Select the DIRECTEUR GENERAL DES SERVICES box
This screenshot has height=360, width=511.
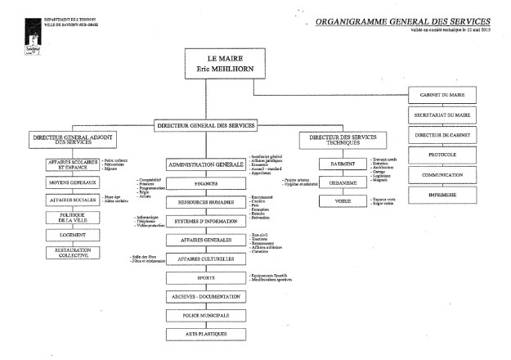pyautogui.click(x=206, y=125)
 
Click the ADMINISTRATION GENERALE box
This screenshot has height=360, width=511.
pyautogui.click(x=206, y=164)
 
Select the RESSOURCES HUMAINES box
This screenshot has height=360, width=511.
pyautogui.click(x=206, y=201)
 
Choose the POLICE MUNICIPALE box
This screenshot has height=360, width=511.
pyautogui.click(x=206, y=315)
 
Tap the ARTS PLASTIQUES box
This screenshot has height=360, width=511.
pyautogui.click(x=206, y=334)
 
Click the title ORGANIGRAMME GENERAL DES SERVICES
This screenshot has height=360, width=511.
pyautogui.click(x=403, y=20)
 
